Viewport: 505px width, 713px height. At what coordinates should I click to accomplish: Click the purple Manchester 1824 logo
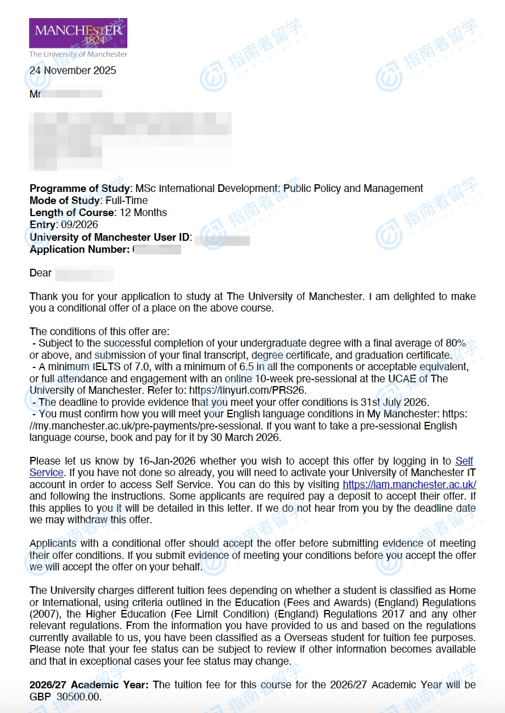[78, 33]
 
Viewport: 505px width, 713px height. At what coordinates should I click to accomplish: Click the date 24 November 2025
[72, 70]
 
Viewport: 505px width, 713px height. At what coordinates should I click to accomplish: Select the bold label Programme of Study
[80, 188]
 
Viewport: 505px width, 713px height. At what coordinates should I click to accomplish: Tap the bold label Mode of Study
[65, 200]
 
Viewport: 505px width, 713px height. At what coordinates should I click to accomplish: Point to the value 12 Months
[143, 212]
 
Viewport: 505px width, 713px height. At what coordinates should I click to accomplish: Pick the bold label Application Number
[80, 249]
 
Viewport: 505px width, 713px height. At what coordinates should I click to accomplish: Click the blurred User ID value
[222, 238]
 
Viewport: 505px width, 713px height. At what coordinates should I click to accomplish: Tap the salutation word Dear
[41, 273]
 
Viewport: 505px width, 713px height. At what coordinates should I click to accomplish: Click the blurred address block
[130, 142]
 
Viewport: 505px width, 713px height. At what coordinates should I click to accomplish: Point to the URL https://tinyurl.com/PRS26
[246, 391]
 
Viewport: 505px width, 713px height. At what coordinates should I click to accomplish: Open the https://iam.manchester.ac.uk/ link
[409, 484]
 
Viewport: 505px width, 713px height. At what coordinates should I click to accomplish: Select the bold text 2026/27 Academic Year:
[89, 685]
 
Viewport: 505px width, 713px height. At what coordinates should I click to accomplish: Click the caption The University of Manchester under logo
[78, 54]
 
